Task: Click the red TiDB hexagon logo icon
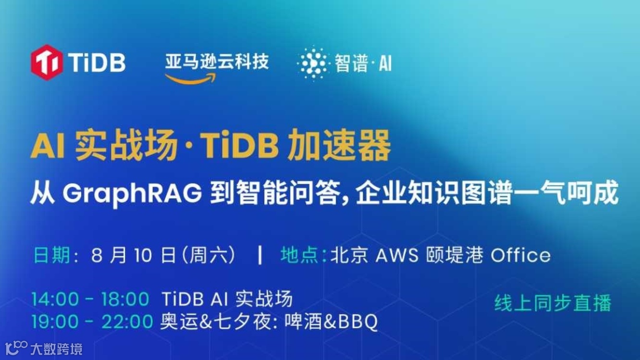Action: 47,62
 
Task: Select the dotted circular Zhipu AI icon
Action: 312,62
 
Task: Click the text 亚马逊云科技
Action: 217,61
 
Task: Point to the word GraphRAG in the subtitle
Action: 132,194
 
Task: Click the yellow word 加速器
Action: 339,147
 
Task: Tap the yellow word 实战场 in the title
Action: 126,147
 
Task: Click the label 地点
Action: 299,255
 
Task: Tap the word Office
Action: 520,255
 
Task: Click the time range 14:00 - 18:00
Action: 90,299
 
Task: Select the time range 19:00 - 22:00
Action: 92,322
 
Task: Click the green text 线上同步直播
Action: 553,303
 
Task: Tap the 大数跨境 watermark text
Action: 56,348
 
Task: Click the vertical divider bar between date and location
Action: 260,255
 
